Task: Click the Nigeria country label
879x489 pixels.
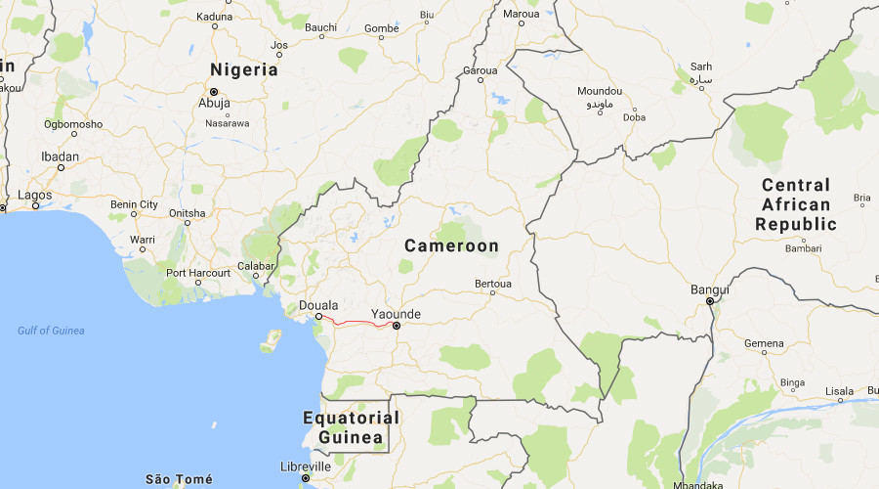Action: (x=244, y=70)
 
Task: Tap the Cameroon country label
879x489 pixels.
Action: (x=451, y=246)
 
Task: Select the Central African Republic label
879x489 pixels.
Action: (x=796, y=204)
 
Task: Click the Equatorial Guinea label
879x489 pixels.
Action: (x=351, y=427)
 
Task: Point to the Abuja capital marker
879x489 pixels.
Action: (x=214, y=92)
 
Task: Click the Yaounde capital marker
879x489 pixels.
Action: (x=396, y=326)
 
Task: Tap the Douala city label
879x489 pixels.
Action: (x=319, y=304)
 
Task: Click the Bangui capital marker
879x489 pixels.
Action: (x=710, y=301)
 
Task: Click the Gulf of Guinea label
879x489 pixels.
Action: (x=51, y=331)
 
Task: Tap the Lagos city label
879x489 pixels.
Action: (x=34, y=195)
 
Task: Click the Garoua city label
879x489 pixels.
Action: (x=480, y=71)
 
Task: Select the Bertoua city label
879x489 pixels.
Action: (x=492, y=284)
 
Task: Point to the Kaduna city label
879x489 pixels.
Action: (x=214, y=17)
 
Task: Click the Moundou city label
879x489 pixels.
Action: (x=600, y=90)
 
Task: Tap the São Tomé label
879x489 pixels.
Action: (x=178, y=479)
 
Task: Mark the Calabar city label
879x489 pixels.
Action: (x=255, y=265)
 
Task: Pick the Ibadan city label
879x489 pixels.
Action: (x=60, y=157)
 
